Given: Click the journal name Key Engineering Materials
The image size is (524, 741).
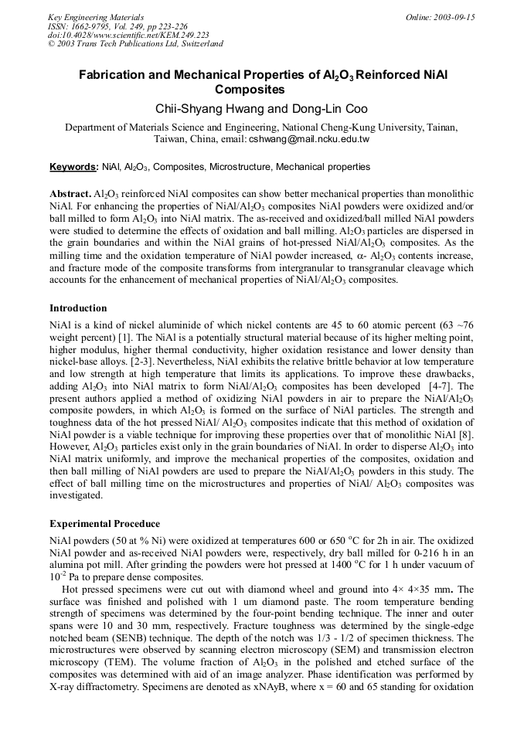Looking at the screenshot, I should point(96,17).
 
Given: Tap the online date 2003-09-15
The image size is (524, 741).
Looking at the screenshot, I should point(454,17).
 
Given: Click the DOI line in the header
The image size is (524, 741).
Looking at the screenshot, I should point(128,35).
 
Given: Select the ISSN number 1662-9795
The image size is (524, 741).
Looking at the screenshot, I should point(99,26).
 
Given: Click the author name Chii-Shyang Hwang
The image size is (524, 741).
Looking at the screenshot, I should point(210,108).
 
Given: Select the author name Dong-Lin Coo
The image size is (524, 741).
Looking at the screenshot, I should point(328,108).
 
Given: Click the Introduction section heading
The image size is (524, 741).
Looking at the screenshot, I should point(78,308).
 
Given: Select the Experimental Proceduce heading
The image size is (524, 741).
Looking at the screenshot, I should point(104,524).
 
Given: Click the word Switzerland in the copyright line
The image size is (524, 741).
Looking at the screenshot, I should point(199,43).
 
